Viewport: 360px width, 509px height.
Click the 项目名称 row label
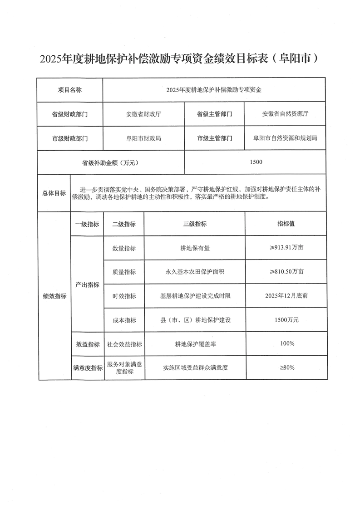click(x=69, y=90)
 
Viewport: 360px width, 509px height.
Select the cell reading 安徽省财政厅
click(x=143, y=114)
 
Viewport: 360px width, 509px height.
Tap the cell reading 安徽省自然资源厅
click(x=285, y=114)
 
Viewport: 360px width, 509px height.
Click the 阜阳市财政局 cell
click(x=143, y=138)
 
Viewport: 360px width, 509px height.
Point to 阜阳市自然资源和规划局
click(x=285, y=138)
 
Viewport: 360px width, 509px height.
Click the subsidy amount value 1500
click(x=256, y=162)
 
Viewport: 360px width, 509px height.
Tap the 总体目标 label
click(x=54, y=192)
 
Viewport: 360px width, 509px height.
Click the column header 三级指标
click(x=195, y=224)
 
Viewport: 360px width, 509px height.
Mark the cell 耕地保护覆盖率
click(x=195, y=344)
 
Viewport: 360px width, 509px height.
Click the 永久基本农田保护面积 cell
click(x=195, y=272)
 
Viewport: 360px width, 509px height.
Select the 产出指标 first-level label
click(x=87, y=284)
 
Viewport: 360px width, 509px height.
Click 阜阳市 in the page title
click(x=298, y=59)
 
